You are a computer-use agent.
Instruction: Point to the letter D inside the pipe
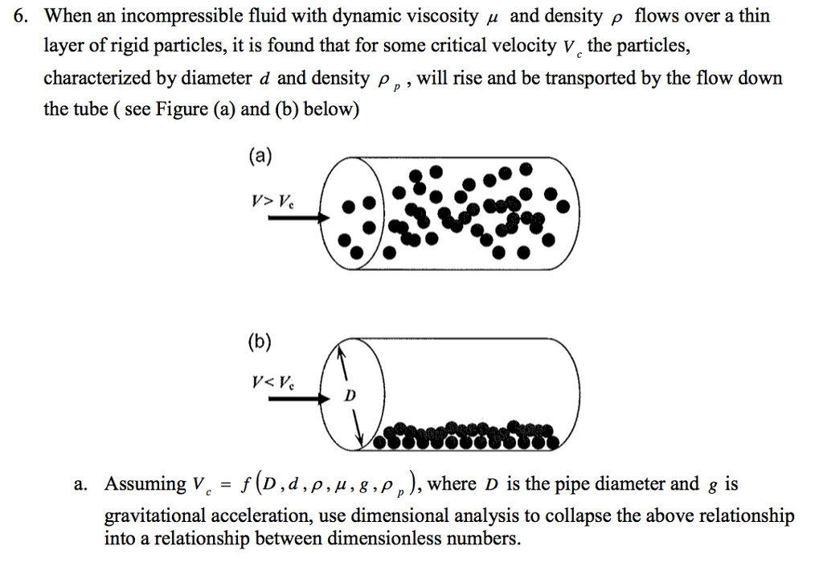point(349,396)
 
